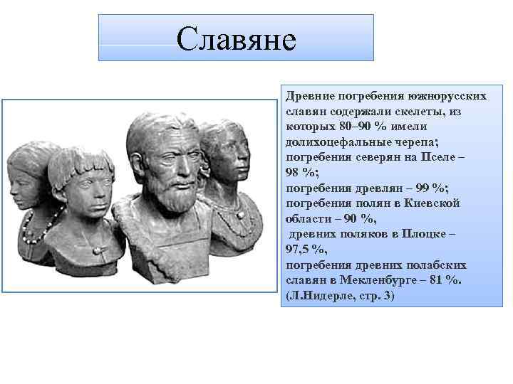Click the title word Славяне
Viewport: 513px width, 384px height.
pyautogui.click(x=236, y=38)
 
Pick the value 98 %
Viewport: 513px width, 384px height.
pyautogui.click(x=299, y=173)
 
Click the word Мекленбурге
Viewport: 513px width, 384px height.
pyautogui.click(x=381, y=280)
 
